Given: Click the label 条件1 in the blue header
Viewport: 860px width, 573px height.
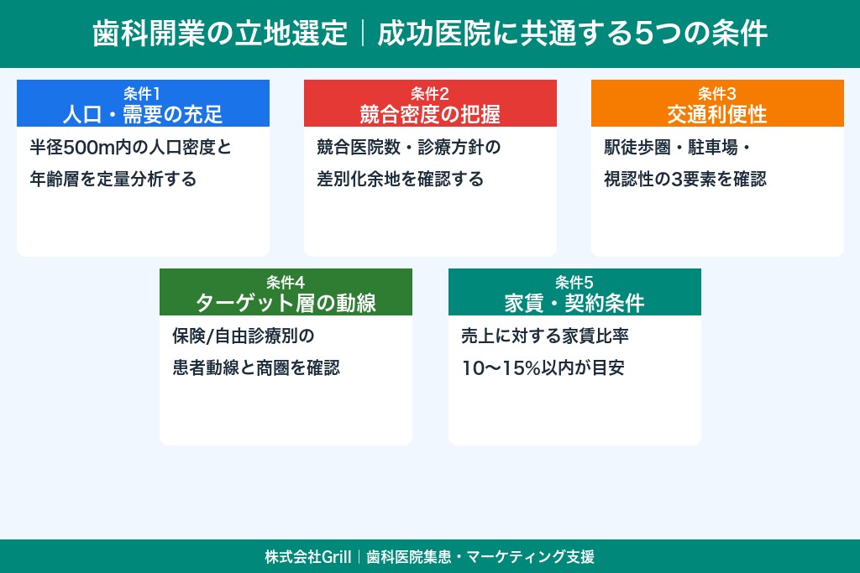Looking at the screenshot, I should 143,92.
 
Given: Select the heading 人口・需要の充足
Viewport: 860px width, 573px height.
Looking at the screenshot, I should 143,112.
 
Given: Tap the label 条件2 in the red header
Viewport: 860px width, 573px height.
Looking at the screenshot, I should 430,92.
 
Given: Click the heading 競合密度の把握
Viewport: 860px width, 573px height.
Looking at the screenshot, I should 430,112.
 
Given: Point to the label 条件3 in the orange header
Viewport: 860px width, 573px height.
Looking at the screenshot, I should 717,92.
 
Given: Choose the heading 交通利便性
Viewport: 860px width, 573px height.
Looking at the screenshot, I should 717,112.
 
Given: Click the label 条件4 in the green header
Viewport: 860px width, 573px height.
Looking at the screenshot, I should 286,281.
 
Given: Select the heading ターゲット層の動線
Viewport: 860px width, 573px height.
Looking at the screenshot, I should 286,302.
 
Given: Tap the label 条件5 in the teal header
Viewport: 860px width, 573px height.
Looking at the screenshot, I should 574,281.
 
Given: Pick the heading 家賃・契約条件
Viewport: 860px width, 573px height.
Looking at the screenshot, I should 574,302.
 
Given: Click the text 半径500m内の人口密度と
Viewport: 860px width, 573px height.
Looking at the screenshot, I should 130,148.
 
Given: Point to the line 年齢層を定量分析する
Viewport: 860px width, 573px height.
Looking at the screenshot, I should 113,180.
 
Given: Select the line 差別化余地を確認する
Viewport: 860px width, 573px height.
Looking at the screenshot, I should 401,180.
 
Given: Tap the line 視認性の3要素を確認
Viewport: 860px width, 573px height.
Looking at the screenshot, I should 685,180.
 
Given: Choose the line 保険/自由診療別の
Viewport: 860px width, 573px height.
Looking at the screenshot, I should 243,336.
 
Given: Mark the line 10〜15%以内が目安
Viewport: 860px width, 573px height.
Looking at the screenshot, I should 543,368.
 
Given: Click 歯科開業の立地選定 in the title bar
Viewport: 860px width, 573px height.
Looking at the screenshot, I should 219,34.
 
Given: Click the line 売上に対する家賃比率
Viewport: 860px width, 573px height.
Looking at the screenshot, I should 545,336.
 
